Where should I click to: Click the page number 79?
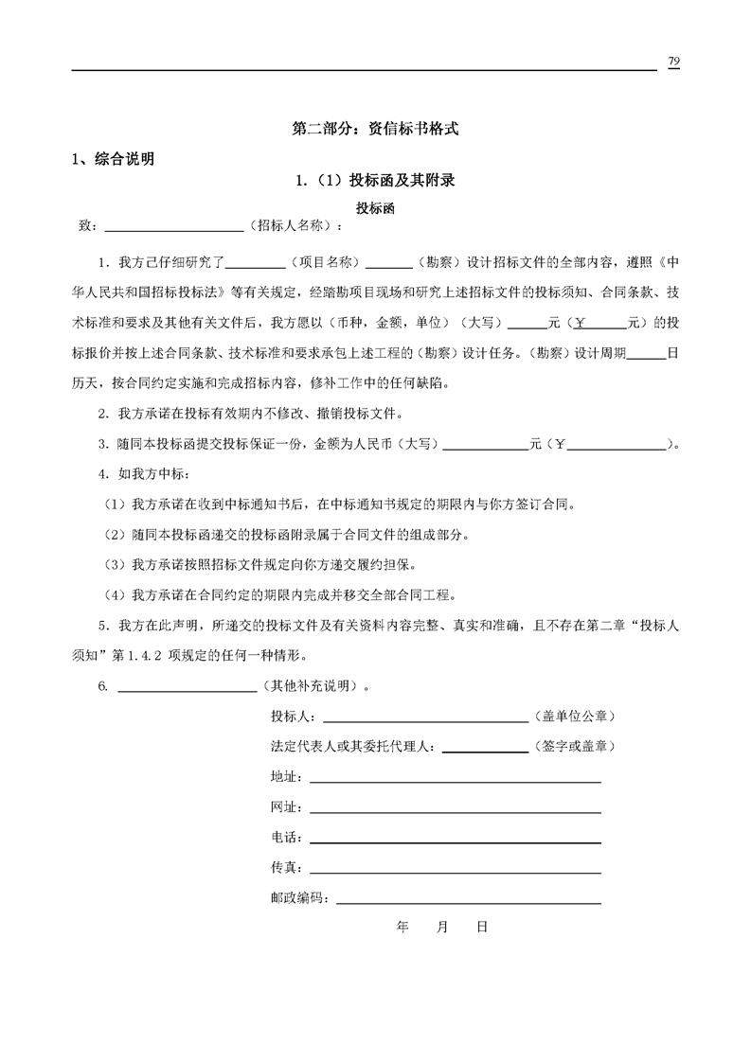[673, 62]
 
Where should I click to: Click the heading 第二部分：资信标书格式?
[376, 130]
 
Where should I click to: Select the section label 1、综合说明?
[114, 159]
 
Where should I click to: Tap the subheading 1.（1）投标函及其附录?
[376, 181]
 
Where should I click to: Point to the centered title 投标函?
[375, 207]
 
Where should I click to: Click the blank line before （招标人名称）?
[173, 227]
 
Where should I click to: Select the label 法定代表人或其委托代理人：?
[353, 747]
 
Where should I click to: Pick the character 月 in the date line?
[442, 928]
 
